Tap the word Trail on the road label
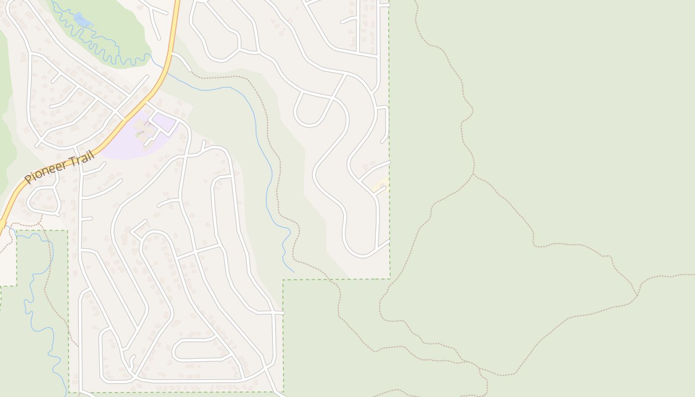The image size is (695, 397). [81, 157]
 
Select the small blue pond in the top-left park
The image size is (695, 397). [82, 20]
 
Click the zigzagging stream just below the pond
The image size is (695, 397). [99, 47]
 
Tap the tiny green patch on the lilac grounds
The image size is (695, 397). [138, 134]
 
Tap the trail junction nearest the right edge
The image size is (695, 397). [637, 296]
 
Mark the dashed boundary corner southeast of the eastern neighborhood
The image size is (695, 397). [390, 278]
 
